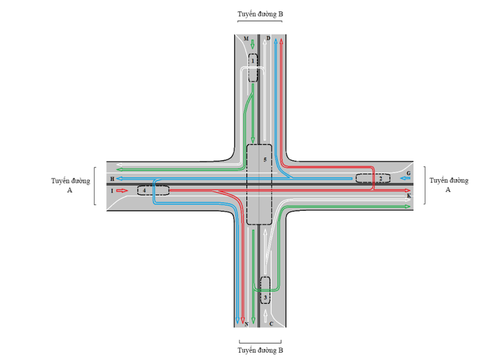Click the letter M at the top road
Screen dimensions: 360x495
pos(246,39)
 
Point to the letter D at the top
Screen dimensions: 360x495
pos(268,39)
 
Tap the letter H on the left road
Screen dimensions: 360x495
pos(112,178)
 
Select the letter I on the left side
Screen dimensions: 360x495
pos(112,191)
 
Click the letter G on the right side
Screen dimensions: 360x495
pos(408,174)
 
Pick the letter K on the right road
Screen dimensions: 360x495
pos(409,196)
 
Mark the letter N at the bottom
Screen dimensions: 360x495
pos(246,324)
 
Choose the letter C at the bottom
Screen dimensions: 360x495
pos(271,324)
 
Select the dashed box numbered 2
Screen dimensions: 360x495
pos(373,178)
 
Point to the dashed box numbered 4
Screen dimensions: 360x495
pos(153,191)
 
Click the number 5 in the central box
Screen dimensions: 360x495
pos(265,160)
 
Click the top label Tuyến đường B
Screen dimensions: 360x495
pos(260,13)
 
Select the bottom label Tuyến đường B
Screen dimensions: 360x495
pos(260,350)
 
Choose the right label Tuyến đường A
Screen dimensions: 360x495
pos(449,185)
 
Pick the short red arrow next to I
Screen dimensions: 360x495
pos(122,191)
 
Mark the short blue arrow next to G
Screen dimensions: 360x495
pos(398,178)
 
